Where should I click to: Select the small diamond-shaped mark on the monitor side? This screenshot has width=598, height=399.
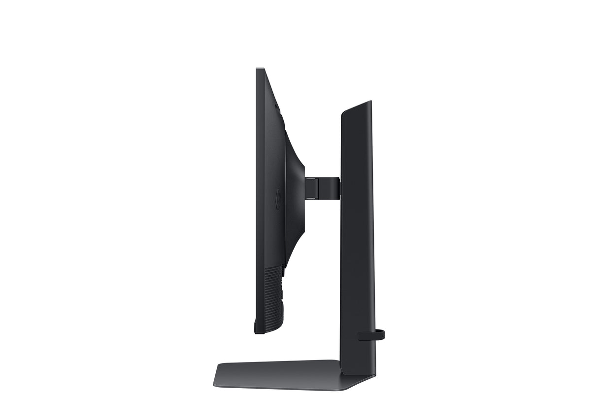[277, 199]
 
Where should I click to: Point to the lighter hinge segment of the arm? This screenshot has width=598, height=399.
[311, 188]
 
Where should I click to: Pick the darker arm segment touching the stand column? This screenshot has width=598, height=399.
[330, 188]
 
